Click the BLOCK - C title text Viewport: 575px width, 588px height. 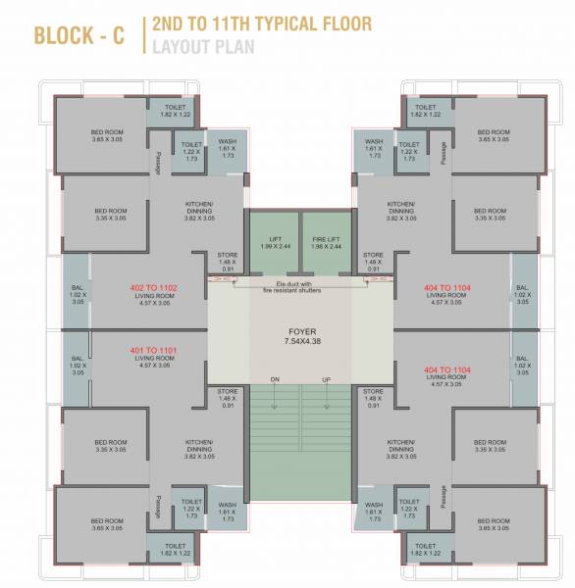coord(81,36)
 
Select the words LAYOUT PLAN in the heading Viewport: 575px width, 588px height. coord(202,45)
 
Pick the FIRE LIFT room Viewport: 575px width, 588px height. coord(324,241)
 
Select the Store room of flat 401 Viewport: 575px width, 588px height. coord(228,397)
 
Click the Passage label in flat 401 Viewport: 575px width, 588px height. coord(157,506)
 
